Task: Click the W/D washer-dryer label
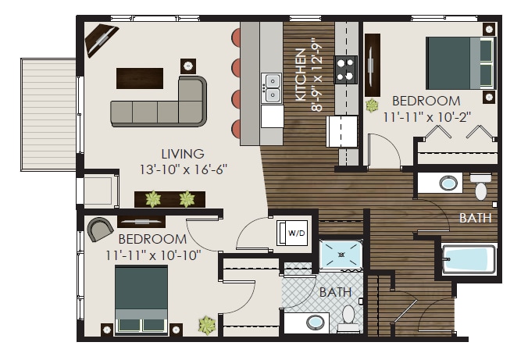pos(296,232)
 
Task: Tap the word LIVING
pos(183,154)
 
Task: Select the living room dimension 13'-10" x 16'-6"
pos(183,169)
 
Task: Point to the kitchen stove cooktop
pos(346,69)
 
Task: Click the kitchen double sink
pos(272,87)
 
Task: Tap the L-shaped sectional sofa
pos(159,105)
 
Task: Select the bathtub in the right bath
pos(469,259)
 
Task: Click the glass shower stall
pos(341,255)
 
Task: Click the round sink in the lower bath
pos(316,322)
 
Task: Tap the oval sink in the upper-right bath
pos(449,184)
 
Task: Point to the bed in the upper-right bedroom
pos(461,62)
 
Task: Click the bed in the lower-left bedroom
pos(141,299)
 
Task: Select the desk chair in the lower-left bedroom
pos(99,229)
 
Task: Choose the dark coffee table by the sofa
pos(140,78)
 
